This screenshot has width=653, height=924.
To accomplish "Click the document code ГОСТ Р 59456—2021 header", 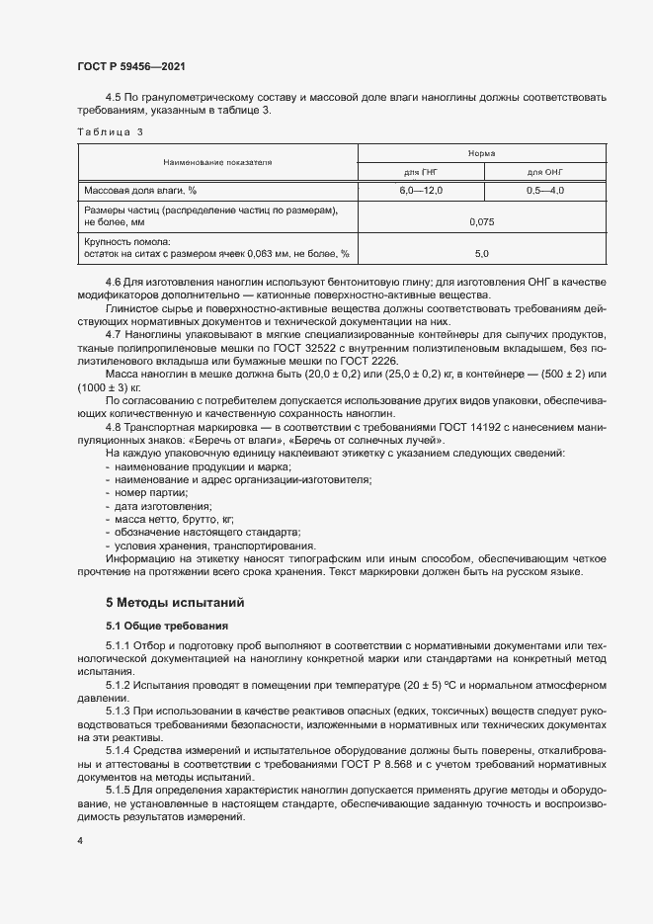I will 132,66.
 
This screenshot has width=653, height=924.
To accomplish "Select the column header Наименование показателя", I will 218,161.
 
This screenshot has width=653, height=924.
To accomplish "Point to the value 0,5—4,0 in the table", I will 544,190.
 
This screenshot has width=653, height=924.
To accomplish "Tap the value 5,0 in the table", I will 482,254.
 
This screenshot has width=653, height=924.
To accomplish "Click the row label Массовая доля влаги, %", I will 140,190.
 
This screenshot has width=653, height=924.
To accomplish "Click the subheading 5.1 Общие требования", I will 167,626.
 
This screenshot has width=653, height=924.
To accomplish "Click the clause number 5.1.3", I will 118,711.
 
